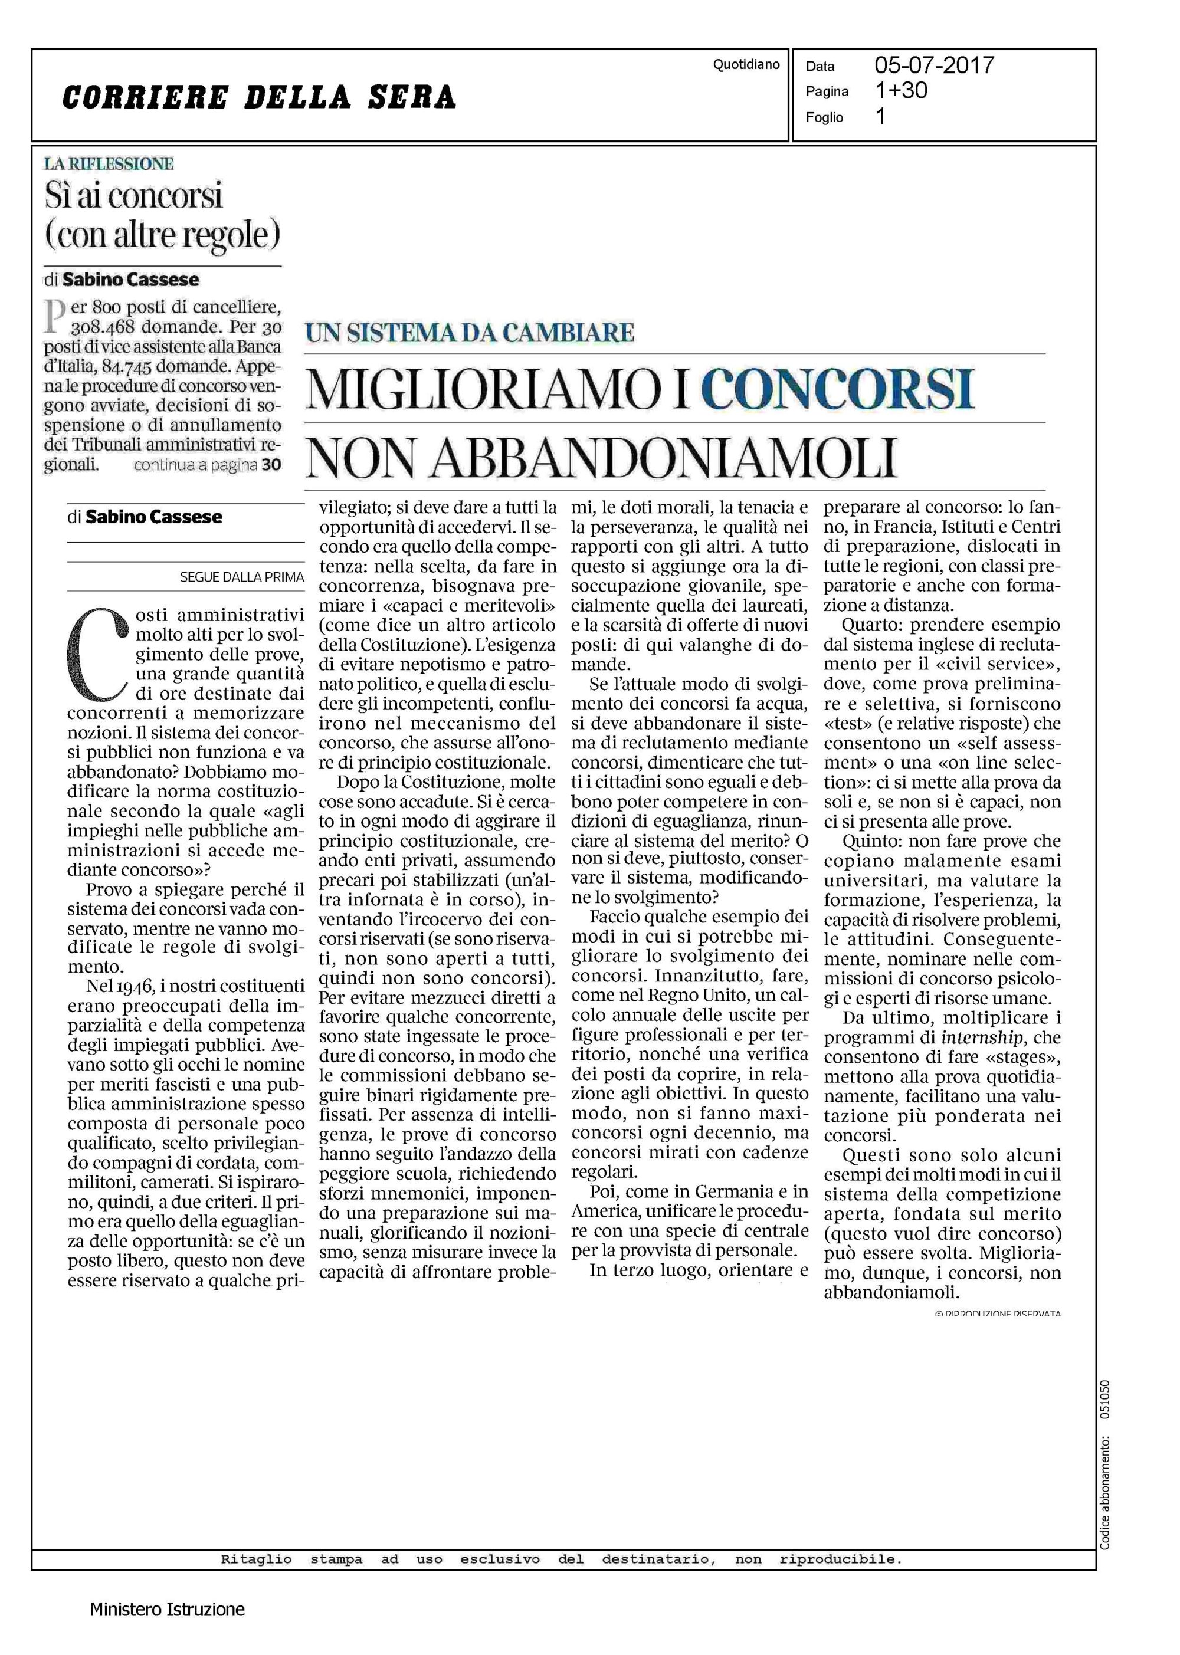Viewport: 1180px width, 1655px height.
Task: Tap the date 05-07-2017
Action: (x=934, y=65)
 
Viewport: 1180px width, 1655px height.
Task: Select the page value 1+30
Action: (x=902, y=91)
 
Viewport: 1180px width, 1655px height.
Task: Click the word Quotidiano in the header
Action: (x=746, y=65)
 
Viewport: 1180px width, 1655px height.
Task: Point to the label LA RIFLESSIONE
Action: (x=109, y=164)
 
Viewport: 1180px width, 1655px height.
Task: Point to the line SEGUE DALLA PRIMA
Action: (x=241, y=577)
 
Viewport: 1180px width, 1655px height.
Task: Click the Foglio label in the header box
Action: (x=824, y=117)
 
